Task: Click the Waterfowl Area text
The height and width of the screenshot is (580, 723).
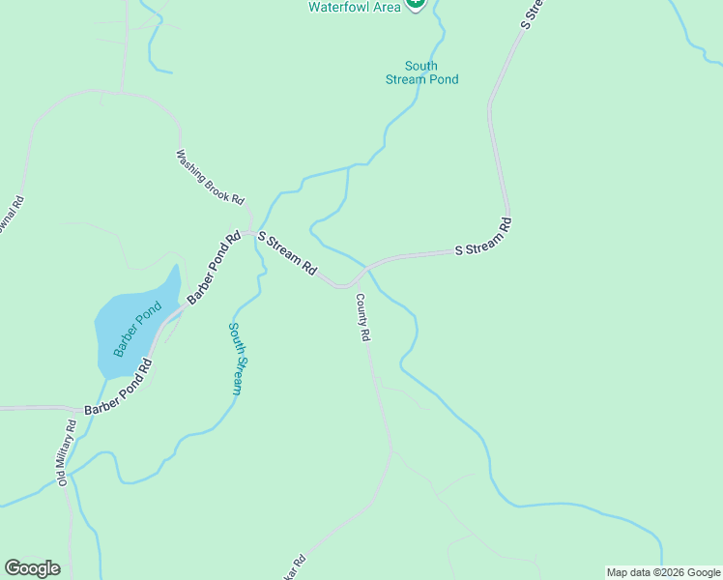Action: (x=353, y=6)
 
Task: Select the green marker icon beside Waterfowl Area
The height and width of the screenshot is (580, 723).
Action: (x=415, y=4)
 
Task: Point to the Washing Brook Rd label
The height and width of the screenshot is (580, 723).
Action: (x=209, y=176)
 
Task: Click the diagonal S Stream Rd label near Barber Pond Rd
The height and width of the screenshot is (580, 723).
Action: (x=287, y=255)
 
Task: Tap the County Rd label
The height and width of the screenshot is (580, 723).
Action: (x=363, y=318)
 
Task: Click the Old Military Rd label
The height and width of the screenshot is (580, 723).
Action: (x=66, y=453)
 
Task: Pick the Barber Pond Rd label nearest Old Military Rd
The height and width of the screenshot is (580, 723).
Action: (x=119, y=390)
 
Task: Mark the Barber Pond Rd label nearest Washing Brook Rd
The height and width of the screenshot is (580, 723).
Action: (x=213, y=269)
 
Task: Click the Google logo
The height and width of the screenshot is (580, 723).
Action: (x=32, y=568)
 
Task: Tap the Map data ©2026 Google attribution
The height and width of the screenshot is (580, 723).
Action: (x=663, y=572)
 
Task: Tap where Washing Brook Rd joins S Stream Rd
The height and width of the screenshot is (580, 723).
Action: (x=249, y=232)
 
